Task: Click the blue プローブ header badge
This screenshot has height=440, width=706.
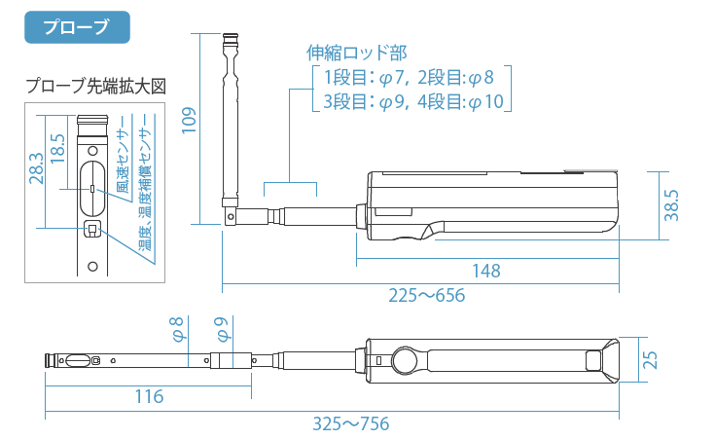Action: click(x=77, y=27)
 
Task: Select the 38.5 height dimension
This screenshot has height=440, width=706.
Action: click(x=671, y=205)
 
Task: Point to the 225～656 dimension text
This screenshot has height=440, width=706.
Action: click(x=427, y=295)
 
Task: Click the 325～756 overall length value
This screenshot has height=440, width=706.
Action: click(x=351, y=424)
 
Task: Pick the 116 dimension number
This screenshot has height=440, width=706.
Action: click(x=149, y=397)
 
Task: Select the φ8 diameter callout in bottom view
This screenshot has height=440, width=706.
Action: click(x=178, y=329)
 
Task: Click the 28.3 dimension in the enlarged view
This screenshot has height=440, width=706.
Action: click(x=36, y=169)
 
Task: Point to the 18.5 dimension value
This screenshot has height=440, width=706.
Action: click(x=58, y=149)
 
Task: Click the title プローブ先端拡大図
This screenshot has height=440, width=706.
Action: click(x=96, y=86)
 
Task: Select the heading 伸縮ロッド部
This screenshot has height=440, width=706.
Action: click(x=357, y=53)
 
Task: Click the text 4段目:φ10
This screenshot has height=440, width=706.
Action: click(x=461, y=101)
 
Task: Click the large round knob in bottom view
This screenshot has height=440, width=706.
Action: click(x=404, y=360)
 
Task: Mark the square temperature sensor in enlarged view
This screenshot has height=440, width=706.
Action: click(x=92, y=229)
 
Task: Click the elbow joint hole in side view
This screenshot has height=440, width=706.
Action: click(x=231, y=216)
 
